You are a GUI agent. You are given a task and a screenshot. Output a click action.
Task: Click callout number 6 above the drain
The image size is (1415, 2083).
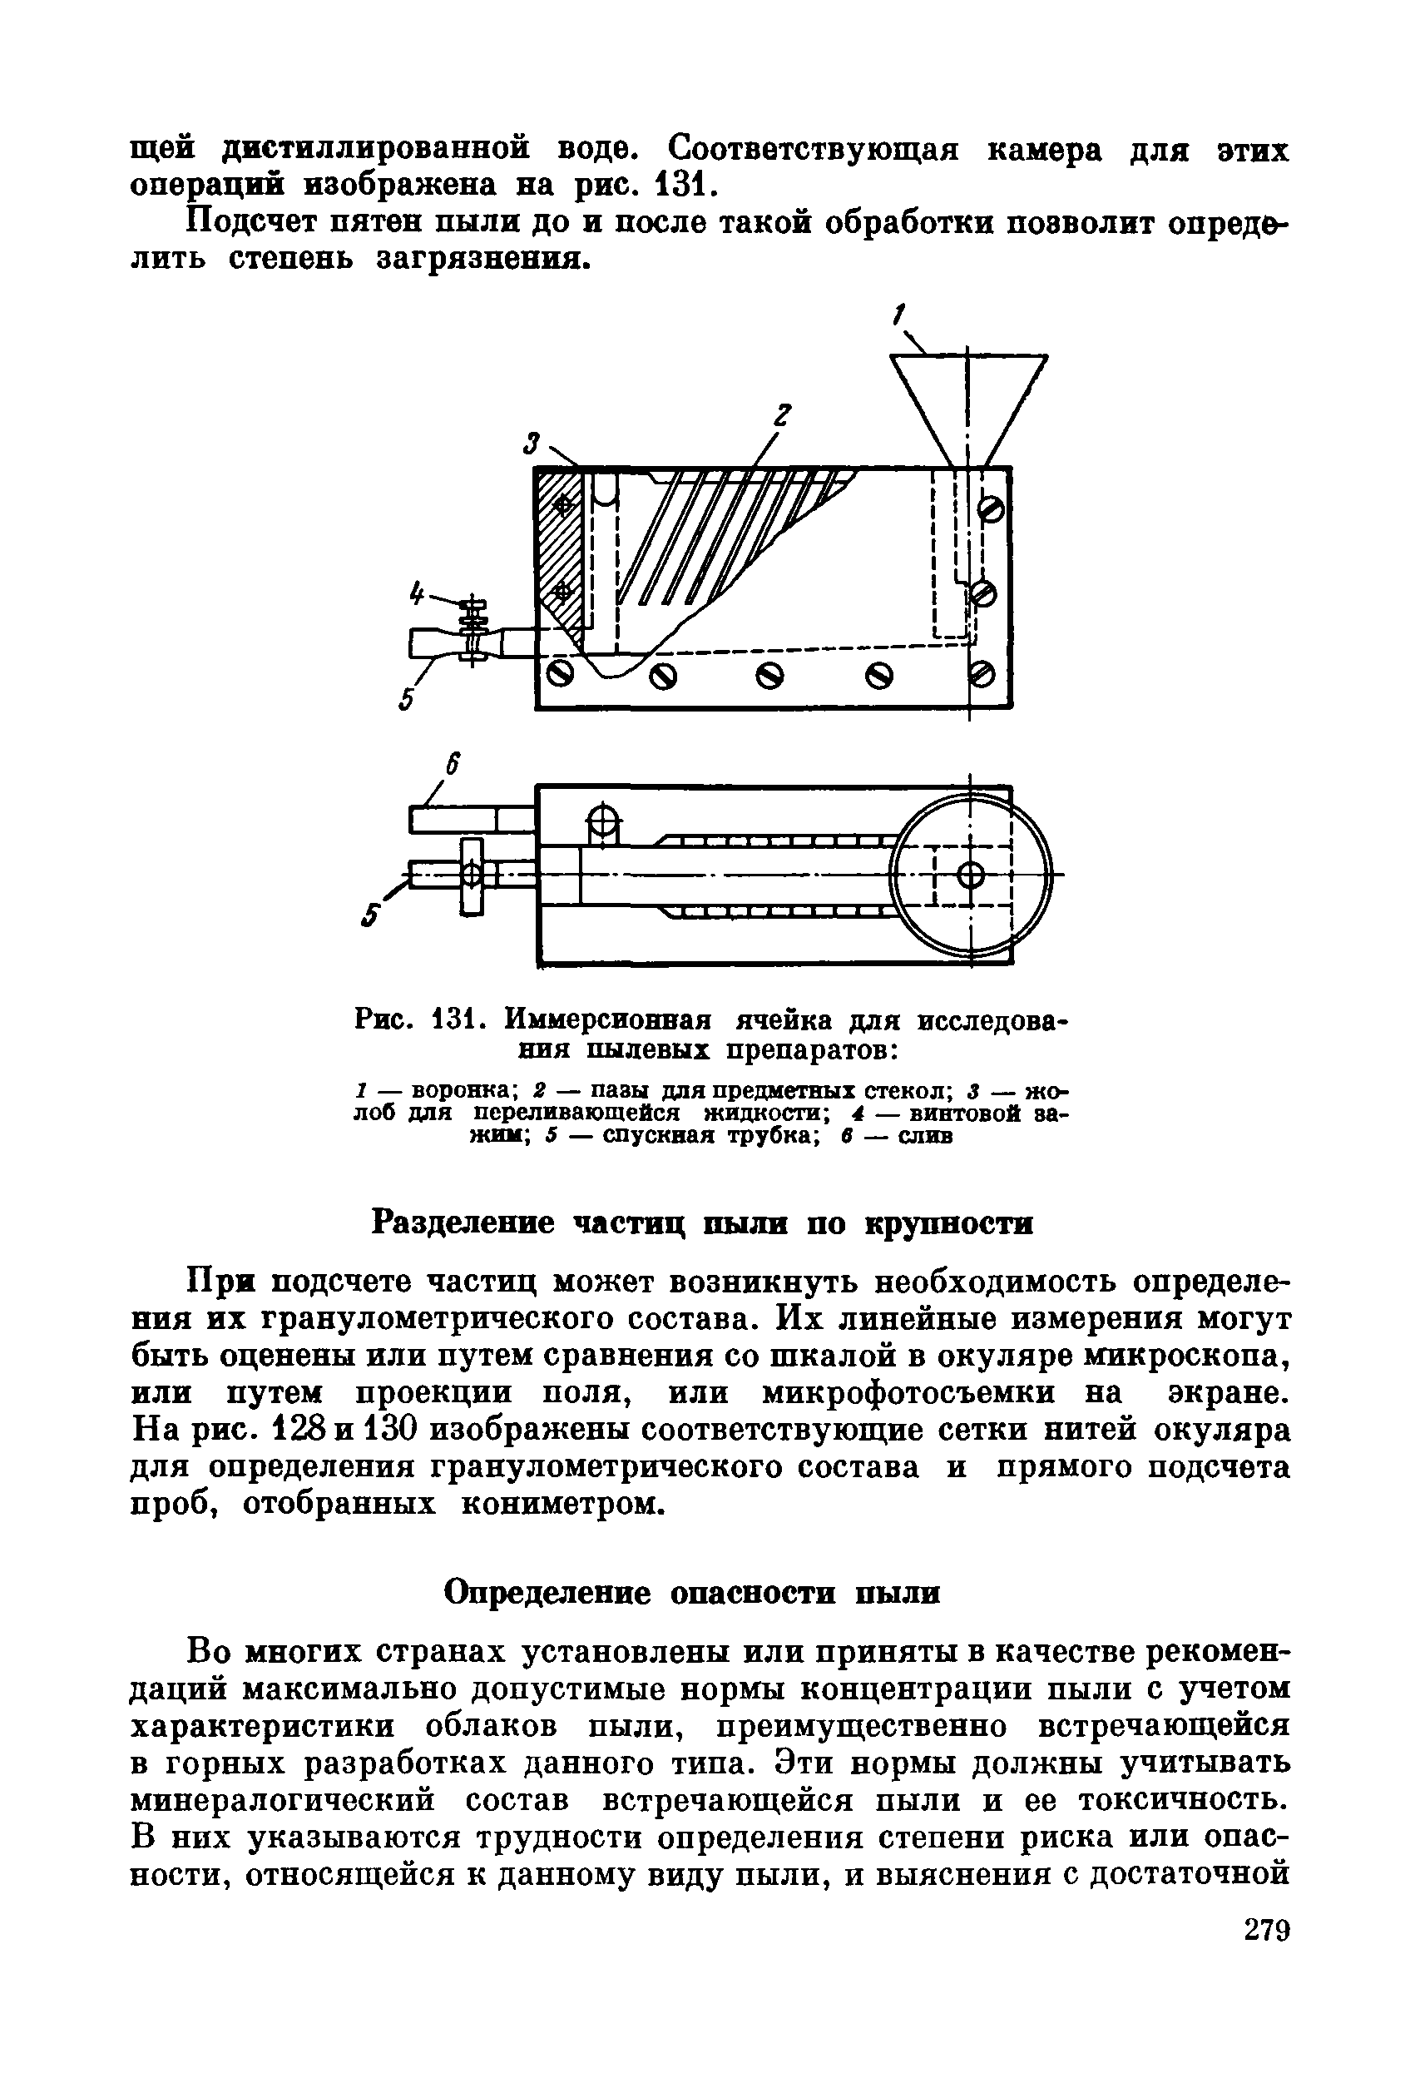point(453,765)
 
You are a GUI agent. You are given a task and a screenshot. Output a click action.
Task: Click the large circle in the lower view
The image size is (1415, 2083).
point(972,874)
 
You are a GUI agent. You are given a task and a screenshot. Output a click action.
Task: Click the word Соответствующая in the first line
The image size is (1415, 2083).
point(813,147)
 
